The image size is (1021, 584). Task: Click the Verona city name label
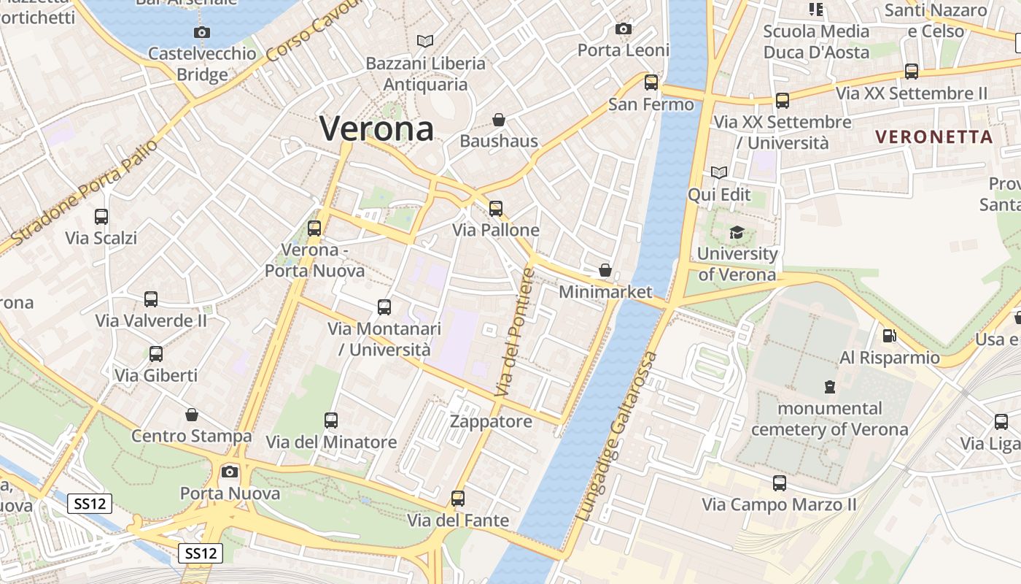376,129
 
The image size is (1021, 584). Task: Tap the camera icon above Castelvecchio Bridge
202,32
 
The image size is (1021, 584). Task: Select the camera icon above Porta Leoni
624,29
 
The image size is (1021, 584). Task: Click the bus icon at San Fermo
651,82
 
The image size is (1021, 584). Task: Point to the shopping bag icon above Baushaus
499,120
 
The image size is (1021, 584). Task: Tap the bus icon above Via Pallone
496,209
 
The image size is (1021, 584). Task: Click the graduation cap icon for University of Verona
737,233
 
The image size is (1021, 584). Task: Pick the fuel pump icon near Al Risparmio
889,336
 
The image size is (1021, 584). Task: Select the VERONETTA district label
933,137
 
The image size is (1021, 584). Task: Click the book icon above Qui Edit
719,173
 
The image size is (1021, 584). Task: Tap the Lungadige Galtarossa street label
617,437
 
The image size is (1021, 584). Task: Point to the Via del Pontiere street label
515,333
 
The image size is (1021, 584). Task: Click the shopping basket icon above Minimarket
605,271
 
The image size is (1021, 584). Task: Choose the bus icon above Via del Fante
457,499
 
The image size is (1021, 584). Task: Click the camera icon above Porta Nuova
230,472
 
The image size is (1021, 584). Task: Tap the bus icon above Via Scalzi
101,217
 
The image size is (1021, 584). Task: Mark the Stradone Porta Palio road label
85,192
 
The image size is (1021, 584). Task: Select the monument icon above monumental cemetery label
829,386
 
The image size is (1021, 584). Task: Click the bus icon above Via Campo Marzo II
779,483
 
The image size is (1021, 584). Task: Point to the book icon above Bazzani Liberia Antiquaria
424,41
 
